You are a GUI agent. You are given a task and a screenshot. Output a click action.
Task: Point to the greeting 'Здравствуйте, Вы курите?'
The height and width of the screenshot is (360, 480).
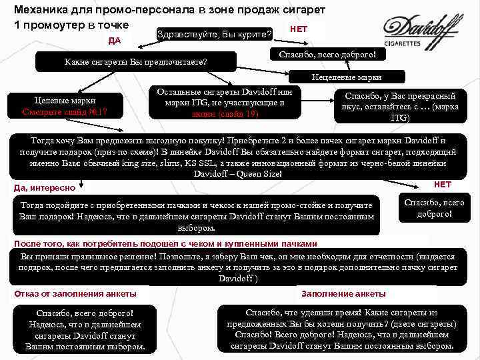pyautogui.click(x=213, y=33)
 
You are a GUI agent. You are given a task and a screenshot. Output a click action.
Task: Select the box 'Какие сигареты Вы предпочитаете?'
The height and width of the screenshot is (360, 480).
pyautogui.click(x=135, y=62)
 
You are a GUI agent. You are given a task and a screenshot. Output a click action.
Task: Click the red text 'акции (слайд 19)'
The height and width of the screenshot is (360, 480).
pyautogui.click(x=220, y=114)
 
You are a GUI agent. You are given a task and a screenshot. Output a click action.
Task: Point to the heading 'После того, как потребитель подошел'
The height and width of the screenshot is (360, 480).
pyautogui.click(x=165, y=244)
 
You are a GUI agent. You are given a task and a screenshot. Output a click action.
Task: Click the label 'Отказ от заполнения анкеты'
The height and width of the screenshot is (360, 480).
pyautogui.click(x=75, y=293)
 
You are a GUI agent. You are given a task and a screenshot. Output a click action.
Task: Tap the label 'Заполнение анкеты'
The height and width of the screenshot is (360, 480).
pyautogui.click(x=343, y=293)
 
